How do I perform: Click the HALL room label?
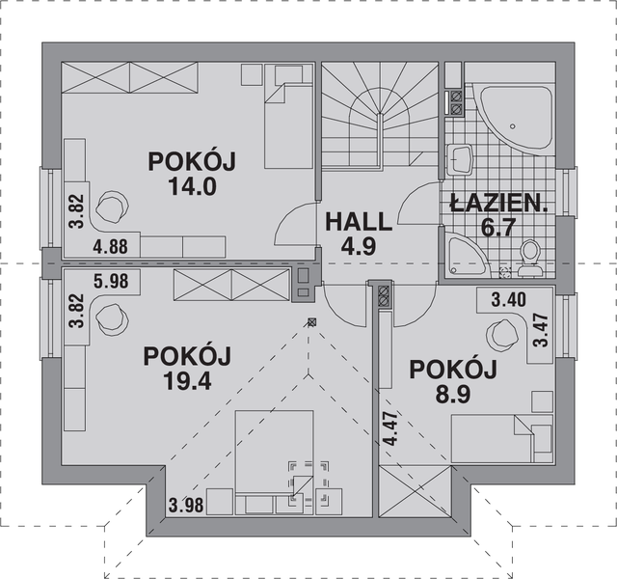pos(358,221)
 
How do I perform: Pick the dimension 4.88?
pos(112,246)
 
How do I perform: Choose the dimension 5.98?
pos(112,282)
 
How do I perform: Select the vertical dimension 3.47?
pos(542,329)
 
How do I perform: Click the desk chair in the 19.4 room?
pos(116,318)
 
